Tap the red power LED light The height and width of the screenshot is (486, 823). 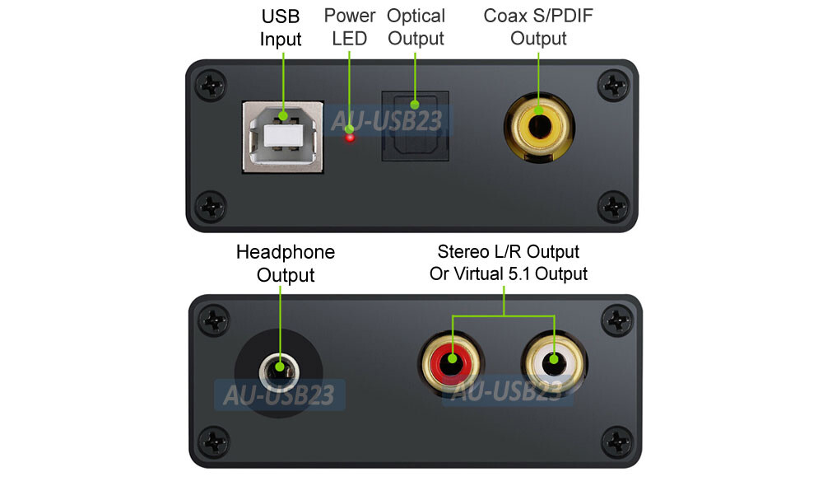point(351,138)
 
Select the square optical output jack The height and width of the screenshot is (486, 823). point(414,125)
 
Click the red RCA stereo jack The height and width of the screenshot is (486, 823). point(451,360)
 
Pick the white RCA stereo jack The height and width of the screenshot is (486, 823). point(553,360)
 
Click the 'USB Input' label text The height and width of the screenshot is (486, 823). point(281,27)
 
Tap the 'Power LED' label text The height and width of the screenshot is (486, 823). point(350,26)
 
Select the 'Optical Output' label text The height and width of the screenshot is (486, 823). point(416,26)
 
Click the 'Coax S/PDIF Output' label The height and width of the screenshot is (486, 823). point(538,26)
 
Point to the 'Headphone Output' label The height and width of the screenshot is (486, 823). point(286,263)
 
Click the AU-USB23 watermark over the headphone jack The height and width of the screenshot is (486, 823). point(278,395)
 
